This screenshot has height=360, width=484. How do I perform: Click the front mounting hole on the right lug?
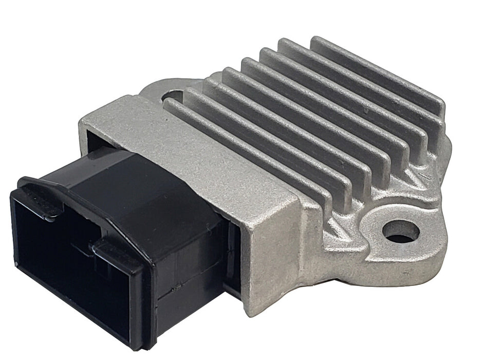coord(401,231)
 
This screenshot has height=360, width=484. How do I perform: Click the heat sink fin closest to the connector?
coord(247,149)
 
